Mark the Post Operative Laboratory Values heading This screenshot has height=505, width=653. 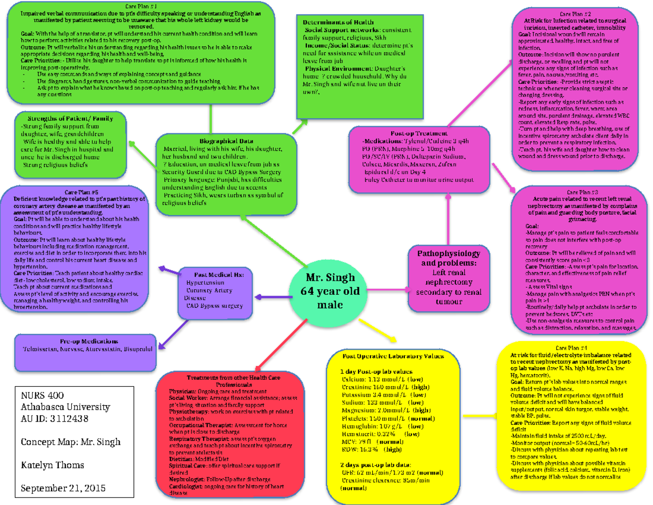click(393, 356)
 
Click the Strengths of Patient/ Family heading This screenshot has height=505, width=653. click(70, 118)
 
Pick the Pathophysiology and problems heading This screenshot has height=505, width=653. click(448, 259)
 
